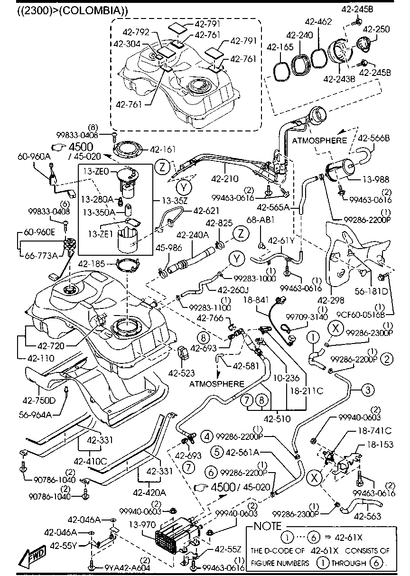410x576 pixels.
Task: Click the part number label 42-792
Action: pyautogui.click(x=137, y=32)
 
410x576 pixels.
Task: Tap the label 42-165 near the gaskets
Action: pyautogui.click(x=279, y=47)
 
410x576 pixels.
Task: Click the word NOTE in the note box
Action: pyautogui.click(x=268, y=526)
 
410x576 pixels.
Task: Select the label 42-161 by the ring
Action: pyautogui.click(x=162, y=149)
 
